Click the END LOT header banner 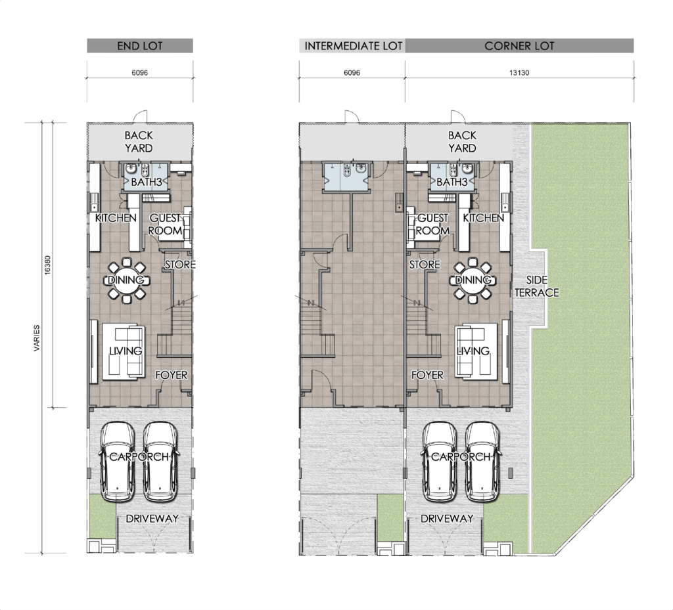click(x=140, y=46)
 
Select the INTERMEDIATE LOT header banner click(x=352, y=46)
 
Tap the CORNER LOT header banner click(x=519, y=46)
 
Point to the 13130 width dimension click(x=519, y=73)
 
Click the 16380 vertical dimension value click(x=47, y=265)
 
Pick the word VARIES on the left click(x=37, y=338)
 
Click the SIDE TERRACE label click(x=537, y=286)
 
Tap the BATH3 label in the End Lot click(x=147, y=182)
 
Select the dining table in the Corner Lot click(x=473, y=280)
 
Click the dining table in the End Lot click(x=127, y=280)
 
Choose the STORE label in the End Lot click(x=180, y=265)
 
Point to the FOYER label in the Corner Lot click(x=427, y=375)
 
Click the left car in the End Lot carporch click(x=117, y=462)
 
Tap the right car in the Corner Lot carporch click(x=482, y=462)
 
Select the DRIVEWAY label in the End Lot click(x=152, y=519)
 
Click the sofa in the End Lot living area click(x=124, y=353)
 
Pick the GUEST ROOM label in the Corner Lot click(x=432, y=224)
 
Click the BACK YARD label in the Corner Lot click(x=462, y=142)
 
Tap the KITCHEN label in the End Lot click(x=116, y=218)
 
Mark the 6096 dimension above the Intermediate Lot click(x=352, y=73)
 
